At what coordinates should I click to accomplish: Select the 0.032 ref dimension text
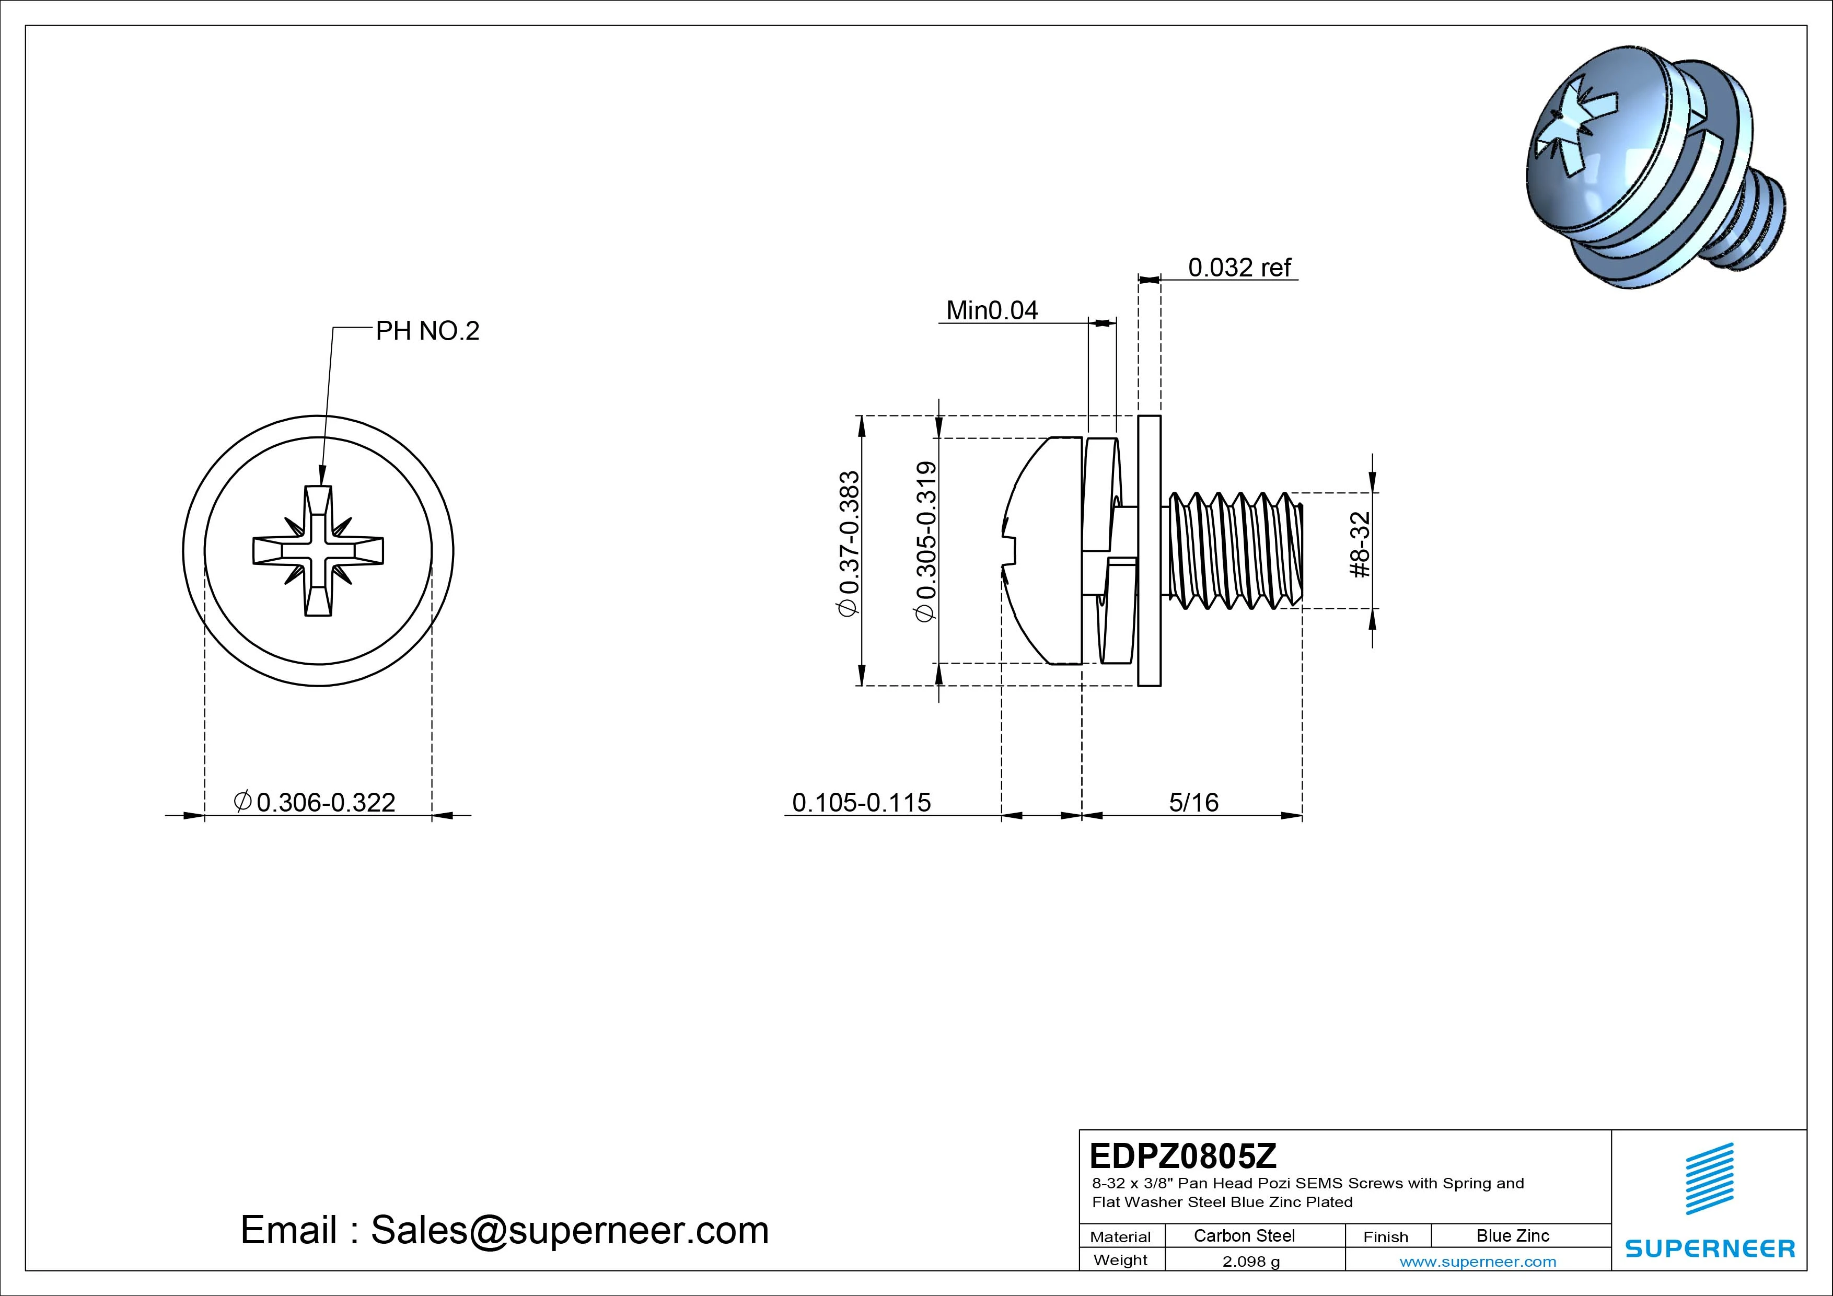(x=1238, y=268)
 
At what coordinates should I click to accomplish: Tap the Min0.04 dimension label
(x=992, y=310)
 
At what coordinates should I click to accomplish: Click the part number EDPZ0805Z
(x=1182, y=1155)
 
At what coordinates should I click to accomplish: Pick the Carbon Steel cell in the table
(x=1244, y=1235)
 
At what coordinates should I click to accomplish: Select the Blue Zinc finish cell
(x=1512, y=1235)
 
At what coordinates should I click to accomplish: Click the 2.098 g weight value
(x=1250, y=1262)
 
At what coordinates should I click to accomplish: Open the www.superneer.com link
(x=1477, y=1262)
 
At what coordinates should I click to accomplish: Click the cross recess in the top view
(x=319, y=550)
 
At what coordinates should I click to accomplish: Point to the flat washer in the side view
(x=1149, y=550)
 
